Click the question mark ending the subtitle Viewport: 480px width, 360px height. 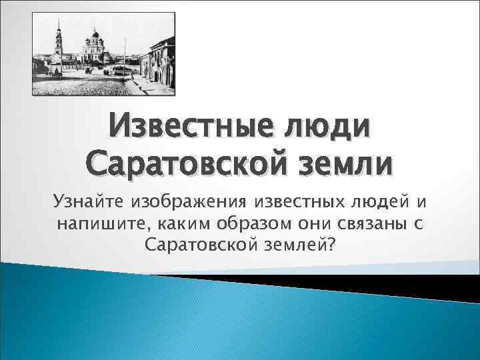[331, 245]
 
